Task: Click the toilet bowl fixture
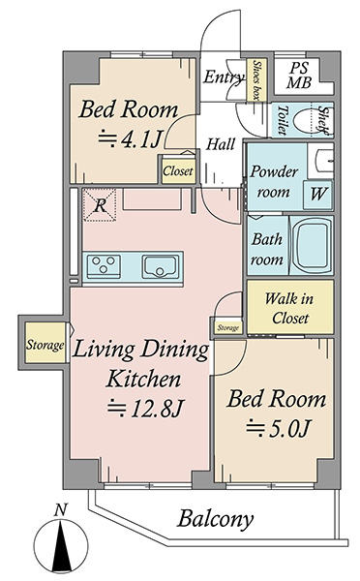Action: point(308,120)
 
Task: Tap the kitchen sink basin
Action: point(160,267)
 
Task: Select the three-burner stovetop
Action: point(105,266)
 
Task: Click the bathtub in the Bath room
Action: point(312,245)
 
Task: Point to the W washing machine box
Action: point(318,195)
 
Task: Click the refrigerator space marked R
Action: point(100,205)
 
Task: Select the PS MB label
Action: point(299,76)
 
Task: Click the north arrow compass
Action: point(61,544)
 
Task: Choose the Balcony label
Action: point(216,519)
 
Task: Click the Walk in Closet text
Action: point(289,308)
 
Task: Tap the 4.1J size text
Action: point(130,140)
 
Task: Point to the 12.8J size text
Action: point(145,408)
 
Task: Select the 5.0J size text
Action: point(278,428)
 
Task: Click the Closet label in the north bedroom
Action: point(178,171)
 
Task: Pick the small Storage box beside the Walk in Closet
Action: point(228,327)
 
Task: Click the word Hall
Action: point(221,143)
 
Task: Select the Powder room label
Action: point(274,182)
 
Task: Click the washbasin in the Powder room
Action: point(320,160)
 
